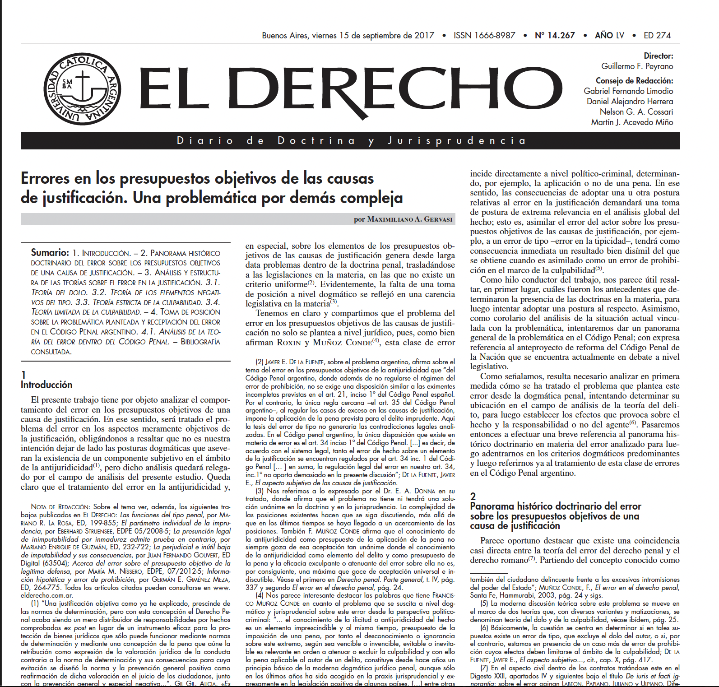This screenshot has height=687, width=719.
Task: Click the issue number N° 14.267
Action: click(x=554, y=35)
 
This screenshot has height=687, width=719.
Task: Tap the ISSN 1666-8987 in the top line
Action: click(x=484, y=35)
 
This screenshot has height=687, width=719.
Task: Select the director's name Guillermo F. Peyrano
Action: click(x=637, y=66)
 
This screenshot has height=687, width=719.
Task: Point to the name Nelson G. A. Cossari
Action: click(x=636, y=112)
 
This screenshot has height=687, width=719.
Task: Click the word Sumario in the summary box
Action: click(x=50, y=253)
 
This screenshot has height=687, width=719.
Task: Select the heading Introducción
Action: click(x=46, y=385)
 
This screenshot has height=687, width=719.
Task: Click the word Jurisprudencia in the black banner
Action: click(x=457, y=141)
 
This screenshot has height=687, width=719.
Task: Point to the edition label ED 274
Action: click(x=657, y=35)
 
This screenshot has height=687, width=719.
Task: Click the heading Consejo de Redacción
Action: click(x=634, y=81)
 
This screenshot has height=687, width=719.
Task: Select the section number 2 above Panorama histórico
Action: click(x=473, y=497)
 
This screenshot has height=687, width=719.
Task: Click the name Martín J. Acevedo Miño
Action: click(x=632, y=122)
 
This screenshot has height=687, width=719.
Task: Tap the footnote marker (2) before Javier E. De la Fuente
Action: click(x=260, y=362)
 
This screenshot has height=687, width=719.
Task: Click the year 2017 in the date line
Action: click(x=424, y=35)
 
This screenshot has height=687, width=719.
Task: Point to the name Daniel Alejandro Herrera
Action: click(x=630, y=102)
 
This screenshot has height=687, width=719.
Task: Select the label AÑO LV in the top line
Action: click(x=609, y=35)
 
